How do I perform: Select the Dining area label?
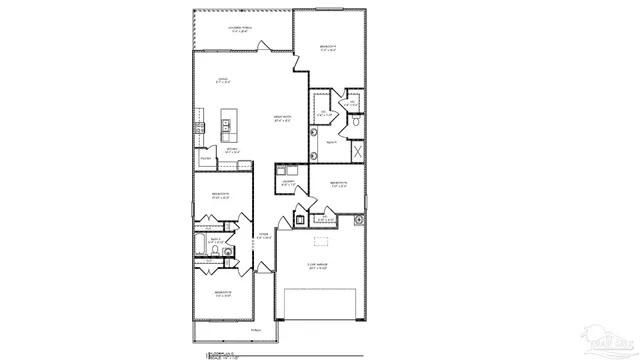coord(225,81)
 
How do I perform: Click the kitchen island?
coord(228,126)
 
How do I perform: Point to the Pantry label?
coord(205,157)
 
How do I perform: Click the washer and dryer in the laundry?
coord(286,170)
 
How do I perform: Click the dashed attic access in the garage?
coord(321,241)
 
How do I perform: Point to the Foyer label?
coord(264,237)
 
